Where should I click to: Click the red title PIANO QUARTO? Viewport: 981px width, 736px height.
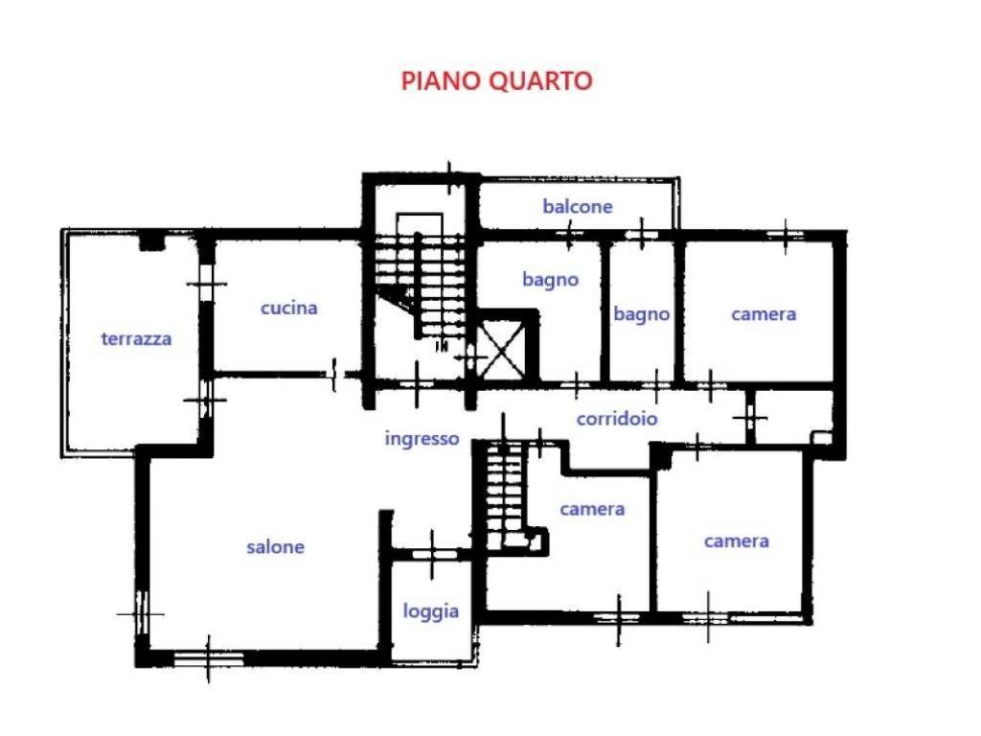click(496, 80)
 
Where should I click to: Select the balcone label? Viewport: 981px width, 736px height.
click(577, 206)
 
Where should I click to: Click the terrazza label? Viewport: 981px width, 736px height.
click(136, 338)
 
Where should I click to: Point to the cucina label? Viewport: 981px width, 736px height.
click(288, 308)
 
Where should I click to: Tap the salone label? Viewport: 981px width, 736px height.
click(275, 546)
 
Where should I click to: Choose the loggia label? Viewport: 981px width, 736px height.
click(430, 610)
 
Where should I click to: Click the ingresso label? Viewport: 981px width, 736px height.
click(422, 439)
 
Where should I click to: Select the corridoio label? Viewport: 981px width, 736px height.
click(617, 419)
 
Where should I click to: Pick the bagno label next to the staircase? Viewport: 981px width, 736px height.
click(550, 280)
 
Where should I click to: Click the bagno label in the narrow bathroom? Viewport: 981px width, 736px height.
click(641, 313)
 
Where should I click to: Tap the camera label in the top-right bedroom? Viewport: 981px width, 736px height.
click(764, 313)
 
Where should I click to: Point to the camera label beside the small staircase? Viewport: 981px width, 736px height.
click(592, 509)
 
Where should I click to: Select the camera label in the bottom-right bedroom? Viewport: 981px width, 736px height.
click(736, 540)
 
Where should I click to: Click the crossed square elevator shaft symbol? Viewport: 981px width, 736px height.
click(502, 345)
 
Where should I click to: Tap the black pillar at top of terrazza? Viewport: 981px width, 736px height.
click(151, 241)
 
